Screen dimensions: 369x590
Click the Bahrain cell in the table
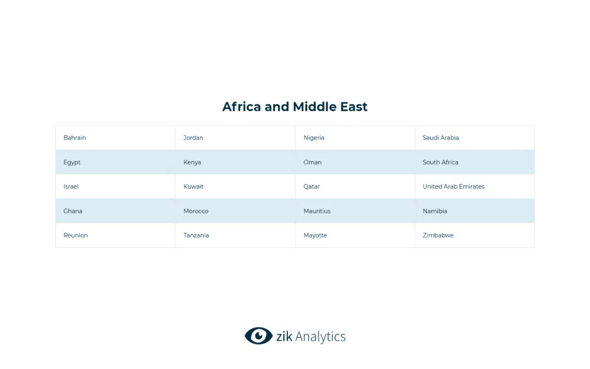pos(75,138)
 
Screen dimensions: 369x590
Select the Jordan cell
pos(194,138)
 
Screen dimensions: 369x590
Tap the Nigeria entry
pos(314,138)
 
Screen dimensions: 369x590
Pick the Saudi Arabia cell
pos(441,138)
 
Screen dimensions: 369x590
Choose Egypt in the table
pos(72,163)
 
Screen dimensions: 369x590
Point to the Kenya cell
pos(192,163)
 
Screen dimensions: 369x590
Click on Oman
pos(313,163)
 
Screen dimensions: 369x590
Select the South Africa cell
pos(441,163)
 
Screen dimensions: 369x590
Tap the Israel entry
pos(71,187)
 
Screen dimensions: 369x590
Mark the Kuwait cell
pos(194,187)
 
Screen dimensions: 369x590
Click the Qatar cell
pos(312,187)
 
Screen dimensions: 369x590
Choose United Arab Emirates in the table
pos(454,187)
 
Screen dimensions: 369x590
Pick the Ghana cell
pos(73,211)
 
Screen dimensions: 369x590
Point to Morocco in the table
pos(196,211)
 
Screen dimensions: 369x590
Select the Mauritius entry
pos(317,211)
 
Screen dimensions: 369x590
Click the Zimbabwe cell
pos(438,235)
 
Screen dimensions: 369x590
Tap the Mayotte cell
pos(315,235)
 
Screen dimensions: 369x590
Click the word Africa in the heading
pos(242,107)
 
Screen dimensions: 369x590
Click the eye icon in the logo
pos(258,336)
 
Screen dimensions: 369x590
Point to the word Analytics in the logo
pos(319,337)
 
